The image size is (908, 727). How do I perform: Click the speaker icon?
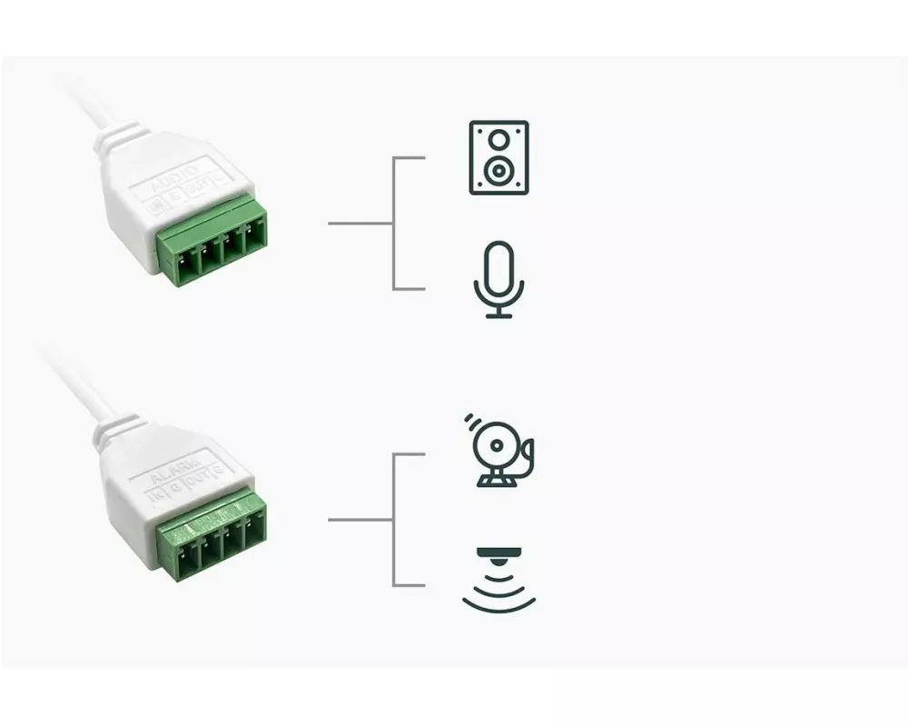click(x=498, y=157)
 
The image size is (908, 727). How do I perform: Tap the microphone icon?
click(x=498, y=279)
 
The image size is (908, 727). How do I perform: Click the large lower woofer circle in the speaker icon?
click(x=498, y=171)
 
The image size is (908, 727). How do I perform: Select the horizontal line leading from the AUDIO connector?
click(x=360, y=223)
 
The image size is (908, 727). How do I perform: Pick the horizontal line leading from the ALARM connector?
click(x=360, y=520)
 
